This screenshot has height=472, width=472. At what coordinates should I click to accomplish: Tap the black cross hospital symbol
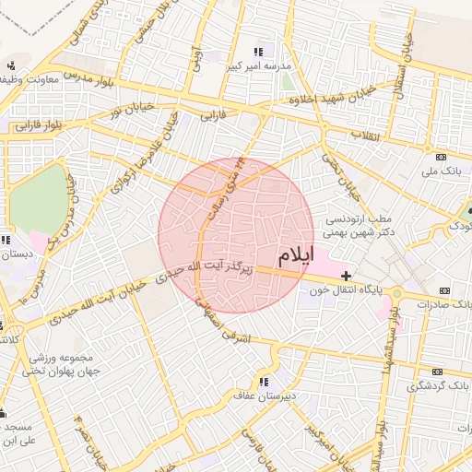pos(346,276)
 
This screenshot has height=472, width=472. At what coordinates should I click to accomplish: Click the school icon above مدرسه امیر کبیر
pos(258,52)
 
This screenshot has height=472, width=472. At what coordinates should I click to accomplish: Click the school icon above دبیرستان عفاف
pos(264,381)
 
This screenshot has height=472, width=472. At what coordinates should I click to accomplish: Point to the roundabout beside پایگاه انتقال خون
pos(394,292)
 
